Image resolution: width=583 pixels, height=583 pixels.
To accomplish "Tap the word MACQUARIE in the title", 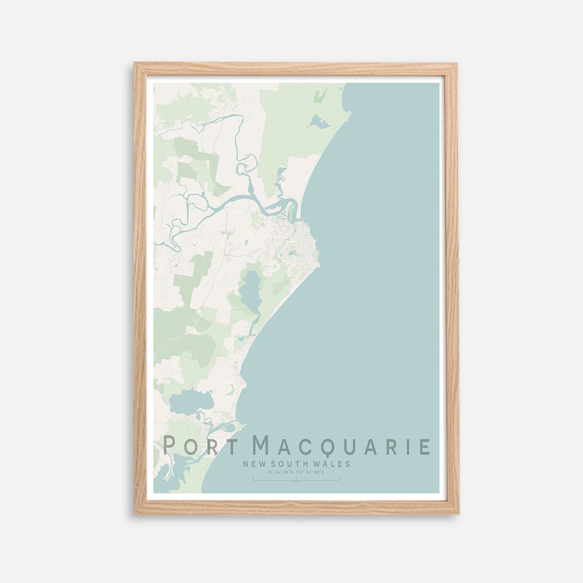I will point(342,446).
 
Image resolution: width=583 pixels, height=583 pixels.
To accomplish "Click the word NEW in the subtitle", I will point(253,464).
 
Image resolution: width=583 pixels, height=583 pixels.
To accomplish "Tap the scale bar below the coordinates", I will point(296,480).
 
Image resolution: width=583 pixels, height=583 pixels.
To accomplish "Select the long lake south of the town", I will point(251,291).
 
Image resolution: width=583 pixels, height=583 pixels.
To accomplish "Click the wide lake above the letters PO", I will point(191,402).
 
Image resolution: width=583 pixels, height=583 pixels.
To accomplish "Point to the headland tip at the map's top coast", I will point(348,115).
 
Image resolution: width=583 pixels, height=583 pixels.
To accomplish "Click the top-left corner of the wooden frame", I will point(136,64).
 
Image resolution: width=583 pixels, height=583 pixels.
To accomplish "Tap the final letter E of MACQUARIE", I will point(424,446).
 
